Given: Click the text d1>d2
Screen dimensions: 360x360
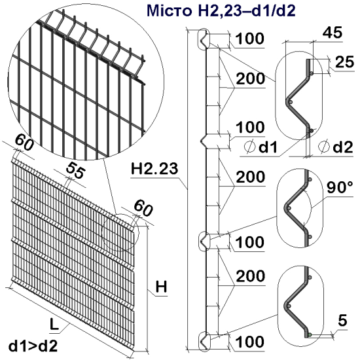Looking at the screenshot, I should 32,345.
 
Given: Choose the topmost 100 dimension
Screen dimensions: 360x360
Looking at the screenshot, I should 250,39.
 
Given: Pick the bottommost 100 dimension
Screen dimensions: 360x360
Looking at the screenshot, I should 250,342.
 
